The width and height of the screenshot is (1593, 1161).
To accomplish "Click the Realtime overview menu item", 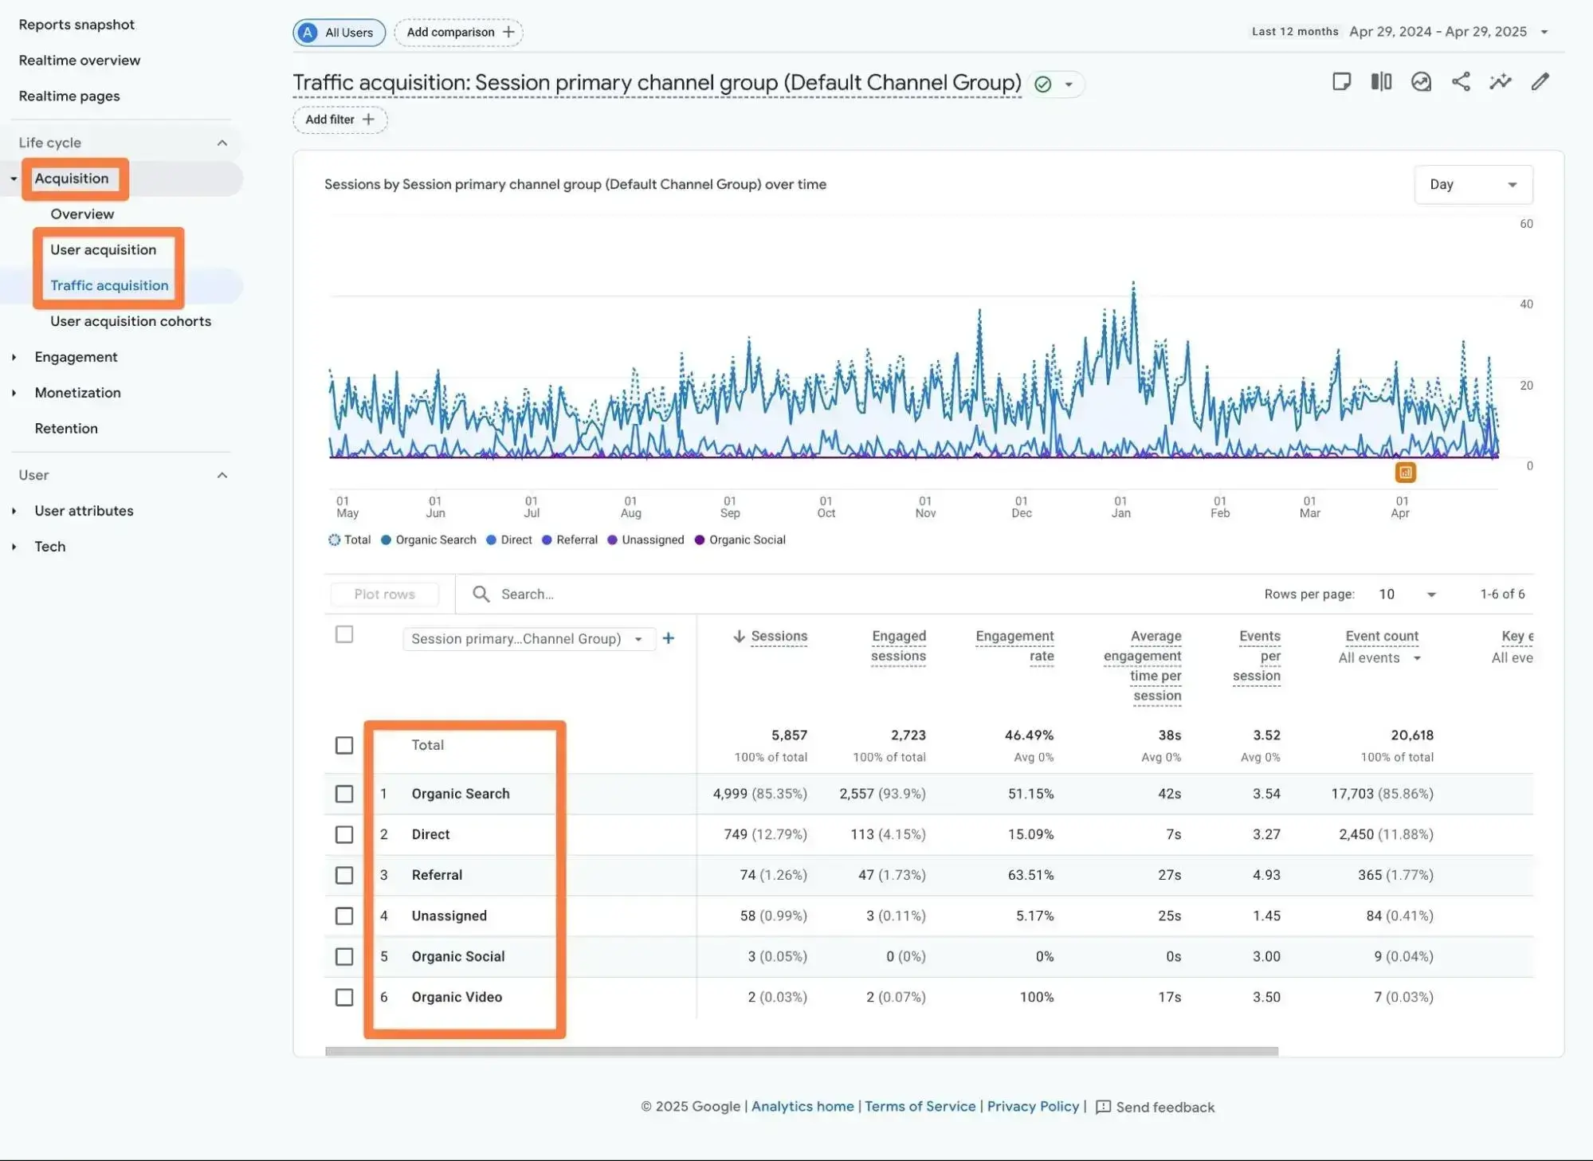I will click(79, 60).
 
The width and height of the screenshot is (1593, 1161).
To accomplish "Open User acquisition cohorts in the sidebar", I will click(130, 321).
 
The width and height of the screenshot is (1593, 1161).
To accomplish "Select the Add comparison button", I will click(459, 32).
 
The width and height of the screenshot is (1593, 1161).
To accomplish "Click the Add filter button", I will click(339, 120).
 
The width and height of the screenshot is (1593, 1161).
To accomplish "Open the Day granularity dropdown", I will click(1472, 184).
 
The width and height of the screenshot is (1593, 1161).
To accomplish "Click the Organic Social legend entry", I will click(746, 539).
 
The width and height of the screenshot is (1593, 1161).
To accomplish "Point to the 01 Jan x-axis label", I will click(1120, 507).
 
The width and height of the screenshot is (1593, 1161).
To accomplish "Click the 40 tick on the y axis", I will click(1525, 304).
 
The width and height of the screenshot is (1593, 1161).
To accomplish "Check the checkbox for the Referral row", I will click(344, 875).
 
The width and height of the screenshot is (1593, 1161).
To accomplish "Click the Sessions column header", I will click(778, 636).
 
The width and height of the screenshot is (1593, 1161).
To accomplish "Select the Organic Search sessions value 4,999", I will click(729, 794).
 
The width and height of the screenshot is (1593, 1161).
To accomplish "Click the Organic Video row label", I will click(456, 997).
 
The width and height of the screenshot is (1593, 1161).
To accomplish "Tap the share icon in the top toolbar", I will click(1460, 81).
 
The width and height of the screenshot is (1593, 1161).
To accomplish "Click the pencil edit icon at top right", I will click(1540, 81).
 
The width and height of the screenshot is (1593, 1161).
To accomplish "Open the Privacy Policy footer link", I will click(1032, 1106).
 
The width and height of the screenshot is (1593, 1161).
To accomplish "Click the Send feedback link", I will click(1163, 1107).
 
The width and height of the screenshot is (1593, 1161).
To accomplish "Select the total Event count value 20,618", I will click(1411, 735).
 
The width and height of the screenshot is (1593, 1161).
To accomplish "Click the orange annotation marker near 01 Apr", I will click(1405, 473).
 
